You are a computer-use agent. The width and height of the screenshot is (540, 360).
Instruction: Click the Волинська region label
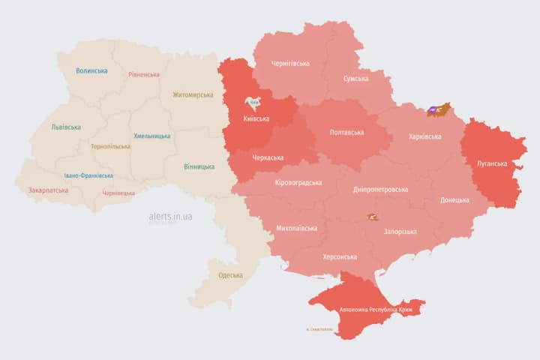pos(91,71)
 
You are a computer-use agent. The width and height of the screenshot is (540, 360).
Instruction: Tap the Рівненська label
pos(144,75)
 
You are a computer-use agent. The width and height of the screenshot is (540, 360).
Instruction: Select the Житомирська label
pos(193,95)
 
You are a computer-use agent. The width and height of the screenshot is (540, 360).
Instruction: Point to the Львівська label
pos(66,127)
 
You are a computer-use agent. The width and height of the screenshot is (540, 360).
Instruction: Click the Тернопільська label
pos(109,147)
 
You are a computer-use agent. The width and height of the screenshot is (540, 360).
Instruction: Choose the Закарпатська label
pos(48,190)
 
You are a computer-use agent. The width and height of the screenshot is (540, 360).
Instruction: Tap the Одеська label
pos(230,275)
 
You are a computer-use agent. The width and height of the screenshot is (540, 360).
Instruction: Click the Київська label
pos(257,118)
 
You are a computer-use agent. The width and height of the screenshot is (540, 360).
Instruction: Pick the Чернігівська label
pos(289,64)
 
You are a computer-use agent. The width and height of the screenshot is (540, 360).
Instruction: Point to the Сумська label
pos(355,79)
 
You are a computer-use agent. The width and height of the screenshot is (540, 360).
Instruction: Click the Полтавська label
pos(346,133)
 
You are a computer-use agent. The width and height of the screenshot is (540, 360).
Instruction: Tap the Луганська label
pos(492,163)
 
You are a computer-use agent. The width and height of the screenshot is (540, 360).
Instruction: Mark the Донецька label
pos(454,200)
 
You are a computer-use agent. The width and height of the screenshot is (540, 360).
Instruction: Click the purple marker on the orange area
pos(434,111)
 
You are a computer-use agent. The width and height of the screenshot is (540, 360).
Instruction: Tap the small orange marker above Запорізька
pos(372,217)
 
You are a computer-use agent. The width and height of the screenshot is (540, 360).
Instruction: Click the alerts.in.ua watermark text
pos(170,216)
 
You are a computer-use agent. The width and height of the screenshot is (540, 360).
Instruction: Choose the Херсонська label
pos(339,256)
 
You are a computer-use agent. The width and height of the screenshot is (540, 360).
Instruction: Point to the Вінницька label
pos(199,166)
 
